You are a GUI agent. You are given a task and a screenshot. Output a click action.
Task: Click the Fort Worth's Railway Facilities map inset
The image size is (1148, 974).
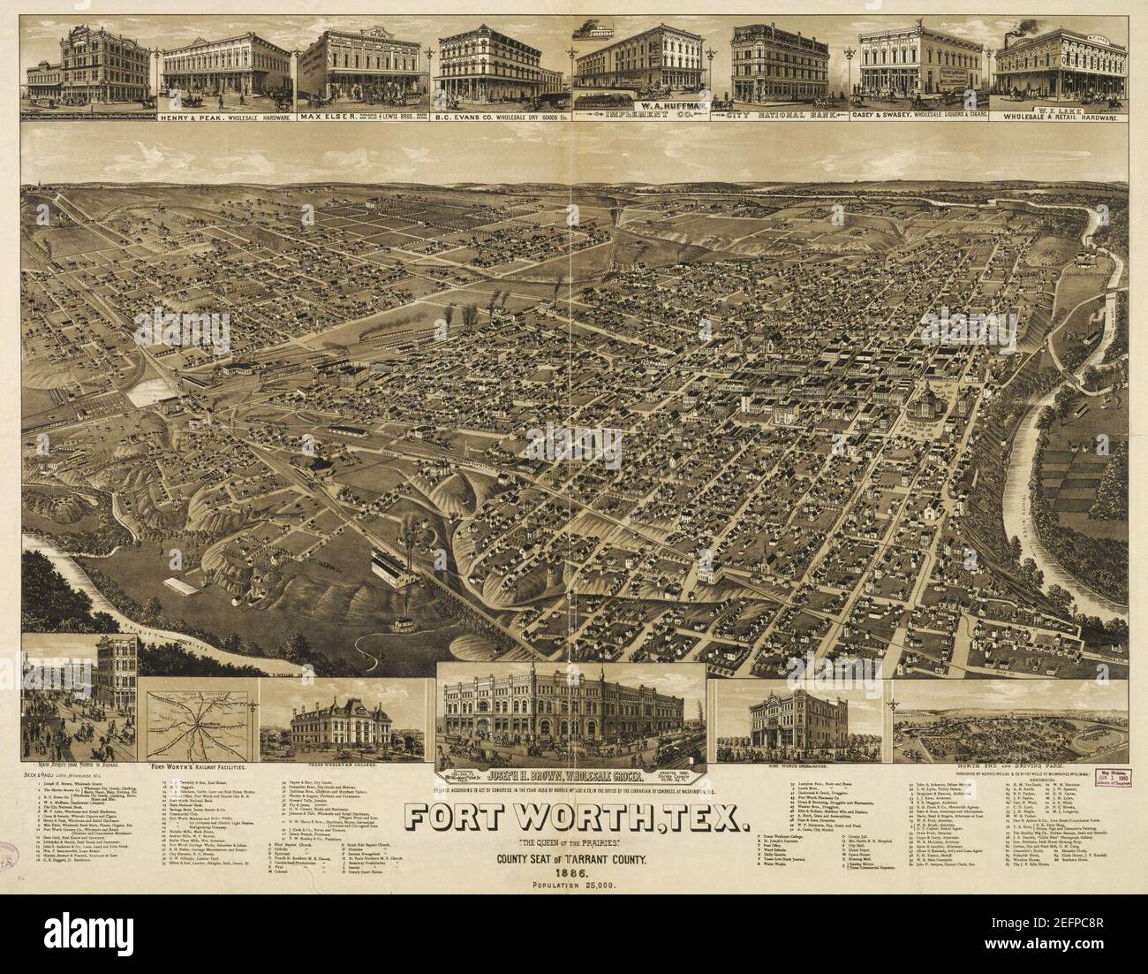[x=200, y=716]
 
